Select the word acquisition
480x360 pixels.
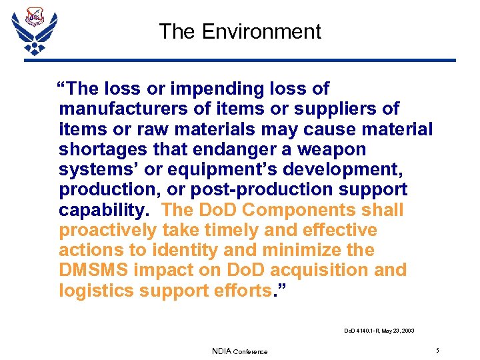(x=301, y=270)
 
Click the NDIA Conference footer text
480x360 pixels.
(x=239, y=351)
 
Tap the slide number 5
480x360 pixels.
(x=437, y=350)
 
